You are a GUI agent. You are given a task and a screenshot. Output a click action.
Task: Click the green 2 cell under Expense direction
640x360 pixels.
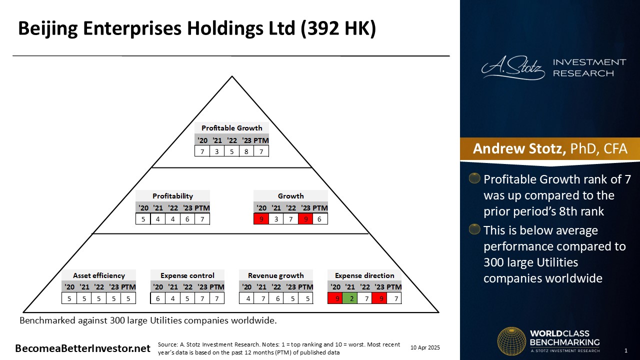pyautogui.click(x=349, y=298)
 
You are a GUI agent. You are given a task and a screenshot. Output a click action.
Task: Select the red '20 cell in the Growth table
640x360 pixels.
pyautogui.click(x=261, y=219)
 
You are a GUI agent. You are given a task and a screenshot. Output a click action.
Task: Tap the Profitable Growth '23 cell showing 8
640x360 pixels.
pyautogui.click(x=246, y=151)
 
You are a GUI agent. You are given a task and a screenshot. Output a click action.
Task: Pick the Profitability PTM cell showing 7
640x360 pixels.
pyautogui.click(x=202, y=219)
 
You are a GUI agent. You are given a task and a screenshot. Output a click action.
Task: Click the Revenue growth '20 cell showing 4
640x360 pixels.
pyautogui.click(x=248, y=298)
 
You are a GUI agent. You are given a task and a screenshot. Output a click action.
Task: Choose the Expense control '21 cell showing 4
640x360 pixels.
pyautogui.click(x=172, y=298)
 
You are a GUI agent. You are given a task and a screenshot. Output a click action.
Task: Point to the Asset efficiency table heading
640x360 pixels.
pyautogui.click(x=99, y=275)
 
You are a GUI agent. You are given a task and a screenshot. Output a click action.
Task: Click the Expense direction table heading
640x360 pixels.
pyautogui.click(x=364, y=275)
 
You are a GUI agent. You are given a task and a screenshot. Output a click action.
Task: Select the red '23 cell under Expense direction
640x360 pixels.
pyautogui.click(x=379, y=298)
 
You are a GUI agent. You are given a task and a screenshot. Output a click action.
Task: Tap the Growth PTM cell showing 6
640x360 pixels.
pyautogui.click(x=319, y=219)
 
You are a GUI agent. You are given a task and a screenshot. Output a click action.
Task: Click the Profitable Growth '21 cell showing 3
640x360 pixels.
pyautogui.click(x=217, y=151)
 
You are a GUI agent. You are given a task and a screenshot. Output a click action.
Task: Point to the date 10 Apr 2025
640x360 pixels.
pyautogui.click(x=425, y=347)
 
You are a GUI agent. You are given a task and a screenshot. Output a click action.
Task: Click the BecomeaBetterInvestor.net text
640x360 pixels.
pyautogui.click(x=82, y=348)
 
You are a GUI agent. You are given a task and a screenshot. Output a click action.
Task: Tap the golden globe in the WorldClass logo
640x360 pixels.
pyautogui.click(x=511, y=341)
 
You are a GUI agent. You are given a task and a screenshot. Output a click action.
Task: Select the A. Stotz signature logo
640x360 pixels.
pyautogui.click(x=513, y=67)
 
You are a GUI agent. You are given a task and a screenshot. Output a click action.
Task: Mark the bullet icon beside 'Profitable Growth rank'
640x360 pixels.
pyautogui.click(x=474, y=178)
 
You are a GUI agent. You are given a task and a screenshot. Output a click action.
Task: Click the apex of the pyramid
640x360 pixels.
pyautogui.click(x=232, y=76)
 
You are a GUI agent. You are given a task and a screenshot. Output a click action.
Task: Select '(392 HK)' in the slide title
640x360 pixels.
pyautogui.click(x=338, y=28)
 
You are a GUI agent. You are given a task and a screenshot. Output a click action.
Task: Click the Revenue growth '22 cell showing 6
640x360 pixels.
pyautogui.click(x=277, y=298)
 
